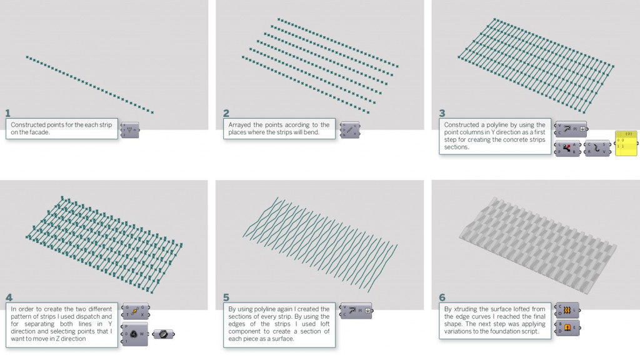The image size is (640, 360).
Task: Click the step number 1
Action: (8, 113)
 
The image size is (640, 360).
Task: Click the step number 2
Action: (226, 113)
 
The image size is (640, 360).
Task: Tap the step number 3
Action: (442, 113)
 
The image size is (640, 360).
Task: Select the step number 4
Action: (9, 297)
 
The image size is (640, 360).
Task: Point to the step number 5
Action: (226, 297)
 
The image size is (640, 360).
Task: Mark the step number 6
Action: (442, 297)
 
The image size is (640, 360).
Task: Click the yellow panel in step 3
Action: (626, 144)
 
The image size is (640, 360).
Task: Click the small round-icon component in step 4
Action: (163, 334)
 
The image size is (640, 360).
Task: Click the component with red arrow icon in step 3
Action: (567, 148)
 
